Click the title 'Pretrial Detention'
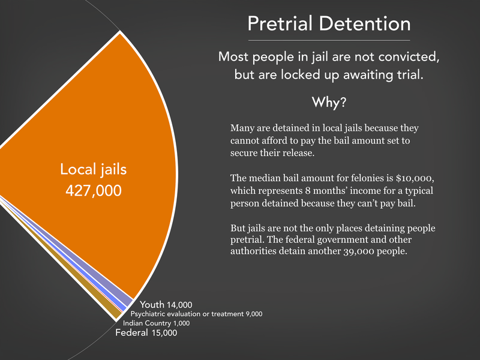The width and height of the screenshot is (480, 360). (329, 24)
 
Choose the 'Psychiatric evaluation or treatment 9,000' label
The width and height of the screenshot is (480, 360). (196, 314)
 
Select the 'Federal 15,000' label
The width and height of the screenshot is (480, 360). (146, 333)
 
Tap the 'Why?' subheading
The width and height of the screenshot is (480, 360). (328, 102)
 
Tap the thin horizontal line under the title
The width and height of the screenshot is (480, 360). (329, 40)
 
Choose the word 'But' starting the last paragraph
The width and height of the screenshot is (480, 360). (239, 229)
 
